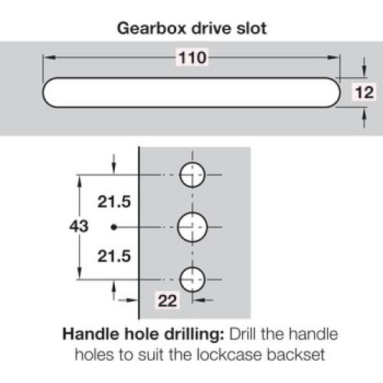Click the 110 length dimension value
[192, 57]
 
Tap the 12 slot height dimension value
[365, 92]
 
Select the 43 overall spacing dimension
[79, 226]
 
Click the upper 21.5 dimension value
[114, 201]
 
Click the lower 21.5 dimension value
[114, 256]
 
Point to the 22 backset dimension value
[167, 300]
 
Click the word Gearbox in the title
[152, 28]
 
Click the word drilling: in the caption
[194, 335]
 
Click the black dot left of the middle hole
[114, 227]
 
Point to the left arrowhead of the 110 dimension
[50, 57]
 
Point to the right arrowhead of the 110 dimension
[333, 57]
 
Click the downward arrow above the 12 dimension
[365, 67]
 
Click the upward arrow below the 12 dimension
[365, 117]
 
